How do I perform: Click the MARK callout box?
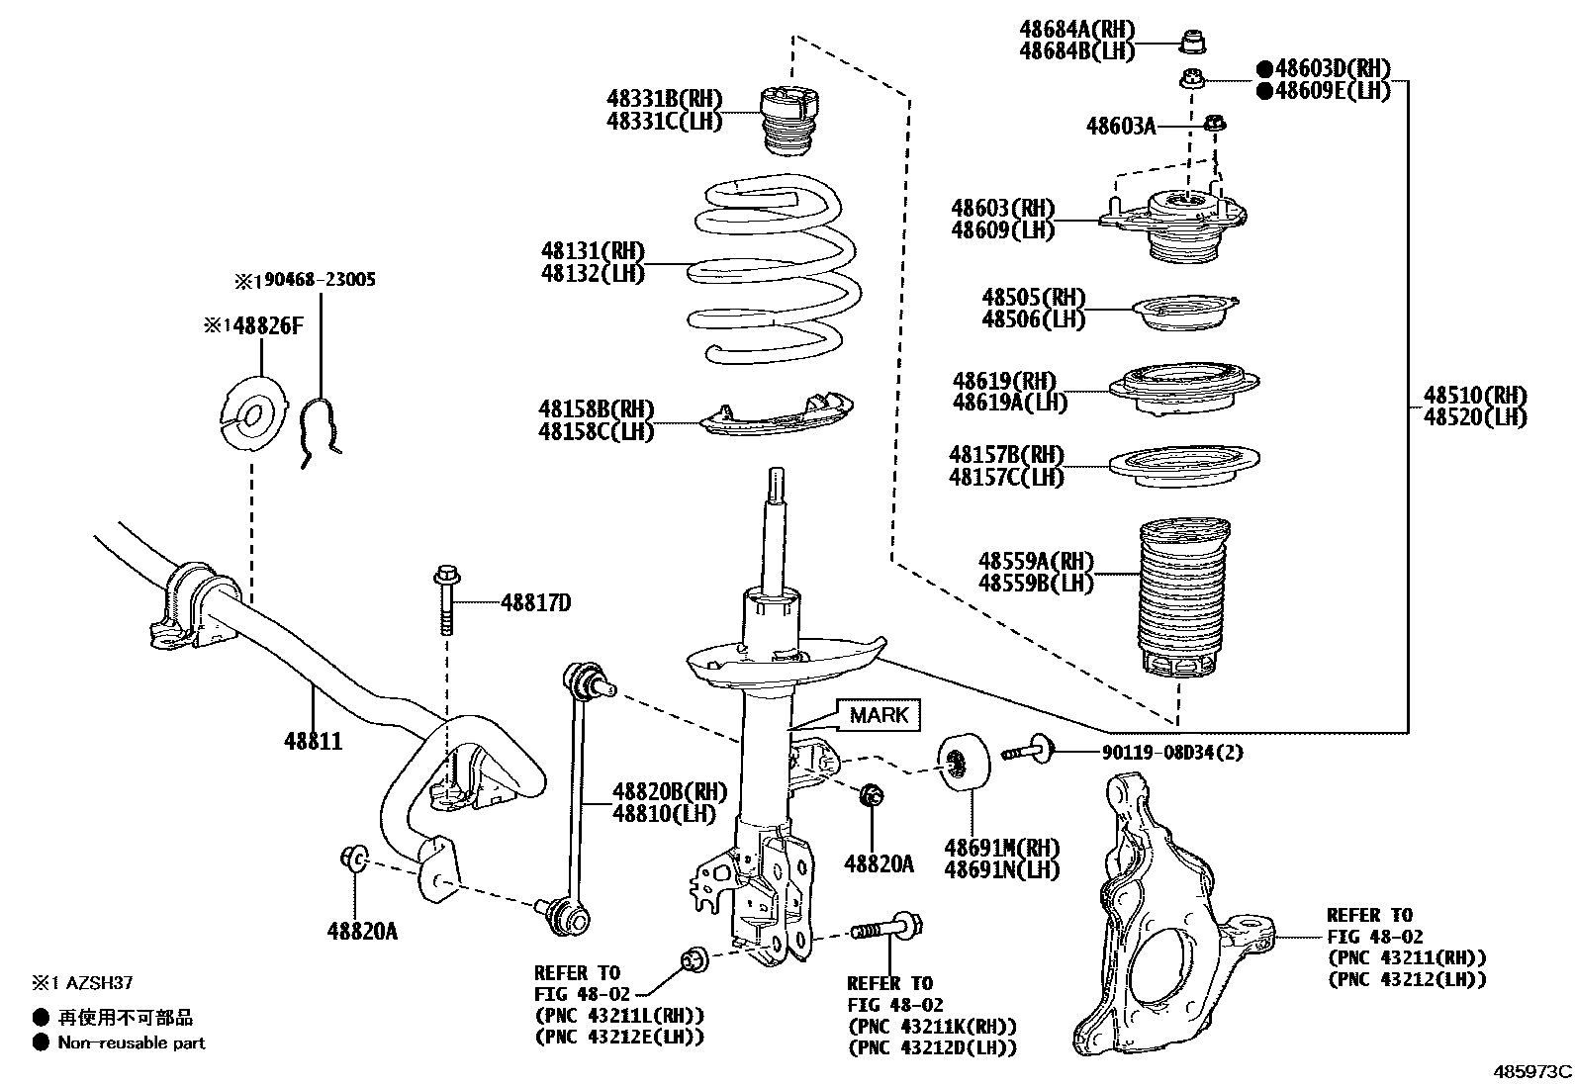pyautogui.click(x=878, y=715)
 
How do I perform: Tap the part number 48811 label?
pyautogui.click(x=313, y=741)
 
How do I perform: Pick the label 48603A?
pyautogui.click(x=1121, y=126)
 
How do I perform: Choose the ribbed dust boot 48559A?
pyautogui.click(x=1183, y=597)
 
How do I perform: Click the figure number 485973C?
pyautogui.click(x=1532, y=1071)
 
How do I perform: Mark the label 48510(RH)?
pyautogui.click(x=1475, y=395)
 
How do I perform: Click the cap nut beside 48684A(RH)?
pyautogui.click(x=1191, y=42)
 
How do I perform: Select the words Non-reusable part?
pyautogui.click(x=132, y=1042)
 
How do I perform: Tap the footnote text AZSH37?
pyautogui.click(x=99, y=982)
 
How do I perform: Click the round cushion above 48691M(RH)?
pyautogui.click(x=964, y=761)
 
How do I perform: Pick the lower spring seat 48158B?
pyautogui.click(x=777, y=414)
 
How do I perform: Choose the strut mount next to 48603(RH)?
pyautogui.click(x=1172, y=225)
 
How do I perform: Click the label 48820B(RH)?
pyautogui.click(x=670, y=791)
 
